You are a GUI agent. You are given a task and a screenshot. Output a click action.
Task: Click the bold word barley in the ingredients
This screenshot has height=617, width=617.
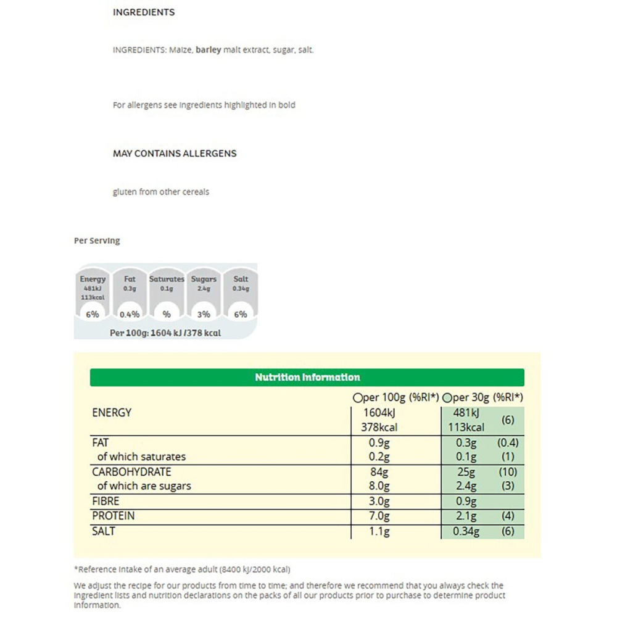208,50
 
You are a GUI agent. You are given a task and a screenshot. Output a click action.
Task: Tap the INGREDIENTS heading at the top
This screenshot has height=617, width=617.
144,12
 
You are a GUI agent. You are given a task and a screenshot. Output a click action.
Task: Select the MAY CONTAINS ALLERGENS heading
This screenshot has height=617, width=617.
175,154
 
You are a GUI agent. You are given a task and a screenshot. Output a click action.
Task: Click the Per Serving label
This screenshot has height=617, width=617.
97,241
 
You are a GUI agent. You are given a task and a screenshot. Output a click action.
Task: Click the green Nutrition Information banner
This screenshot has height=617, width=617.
307,377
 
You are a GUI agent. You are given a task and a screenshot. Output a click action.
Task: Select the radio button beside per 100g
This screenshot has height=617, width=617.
357,398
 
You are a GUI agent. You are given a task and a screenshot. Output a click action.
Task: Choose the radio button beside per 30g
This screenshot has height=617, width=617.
447,398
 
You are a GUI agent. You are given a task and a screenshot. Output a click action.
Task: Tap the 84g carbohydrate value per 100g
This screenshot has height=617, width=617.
380,472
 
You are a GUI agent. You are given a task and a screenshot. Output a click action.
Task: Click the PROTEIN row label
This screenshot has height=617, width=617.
113,516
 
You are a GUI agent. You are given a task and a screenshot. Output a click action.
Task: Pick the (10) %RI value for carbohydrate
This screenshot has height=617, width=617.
508,472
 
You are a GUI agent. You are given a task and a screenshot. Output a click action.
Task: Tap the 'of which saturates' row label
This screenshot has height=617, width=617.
141,457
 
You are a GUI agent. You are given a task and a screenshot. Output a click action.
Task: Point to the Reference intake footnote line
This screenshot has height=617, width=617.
182,569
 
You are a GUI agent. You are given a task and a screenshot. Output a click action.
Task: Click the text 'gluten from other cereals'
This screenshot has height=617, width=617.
161,192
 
